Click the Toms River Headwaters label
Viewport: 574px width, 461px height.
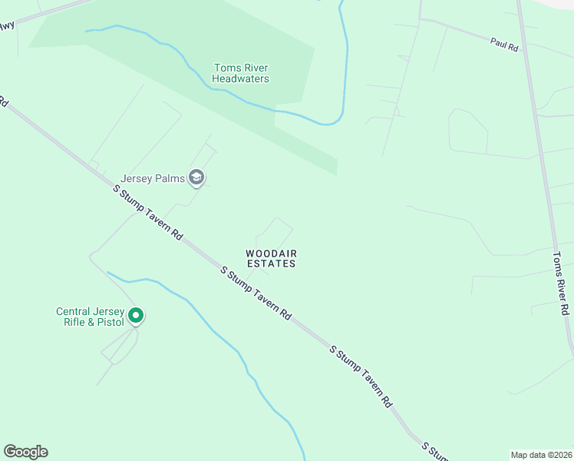pyautogui.click(x=241, y=73)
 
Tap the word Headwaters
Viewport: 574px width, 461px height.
pyautogui.click(x=241, y=78)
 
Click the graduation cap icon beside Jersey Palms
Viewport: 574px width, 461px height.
pyautogui.click(x=197, y=179)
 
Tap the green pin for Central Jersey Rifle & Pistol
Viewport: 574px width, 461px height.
pyautogui.click(x=136, y=315)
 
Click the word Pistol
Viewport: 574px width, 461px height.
pyautogui.click(x=109, y=322)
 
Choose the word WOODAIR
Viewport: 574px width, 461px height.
pyautogui.click(x=271, y=253)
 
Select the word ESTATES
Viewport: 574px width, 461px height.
pyautogui.click(x=271, y=264)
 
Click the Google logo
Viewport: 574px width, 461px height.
pyautogui.click(x=25, y=452)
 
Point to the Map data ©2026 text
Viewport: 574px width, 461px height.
pyautogui.click(x=541, y=455)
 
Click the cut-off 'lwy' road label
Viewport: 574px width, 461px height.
pyautogui.click(x=7, y=25)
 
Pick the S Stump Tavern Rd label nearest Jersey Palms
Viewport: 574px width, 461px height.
pyautogui.click(x=147, y=213)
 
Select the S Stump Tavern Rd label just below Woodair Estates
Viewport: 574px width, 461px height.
pyautogui.click(x=256, y=293)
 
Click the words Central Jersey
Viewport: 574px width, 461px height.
pyautogui.click(x=84, y=311)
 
